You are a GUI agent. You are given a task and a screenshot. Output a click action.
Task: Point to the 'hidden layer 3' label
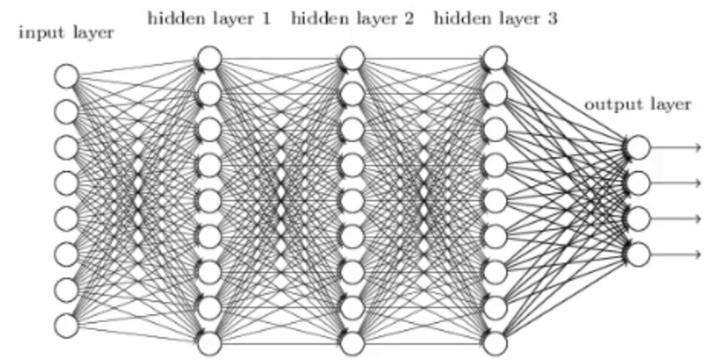(x=495, y=19)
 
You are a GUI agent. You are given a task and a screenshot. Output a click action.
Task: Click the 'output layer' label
(x=638, y=104)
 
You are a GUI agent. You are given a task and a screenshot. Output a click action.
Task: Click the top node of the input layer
(x=66, y=76)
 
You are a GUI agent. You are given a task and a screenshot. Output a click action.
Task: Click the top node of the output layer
(x=638, y=147)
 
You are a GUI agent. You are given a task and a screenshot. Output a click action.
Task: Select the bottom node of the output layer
(x=638, y=254)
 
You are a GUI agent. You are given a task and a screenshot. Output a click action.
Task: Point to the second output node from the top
(x=638, y=183)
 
